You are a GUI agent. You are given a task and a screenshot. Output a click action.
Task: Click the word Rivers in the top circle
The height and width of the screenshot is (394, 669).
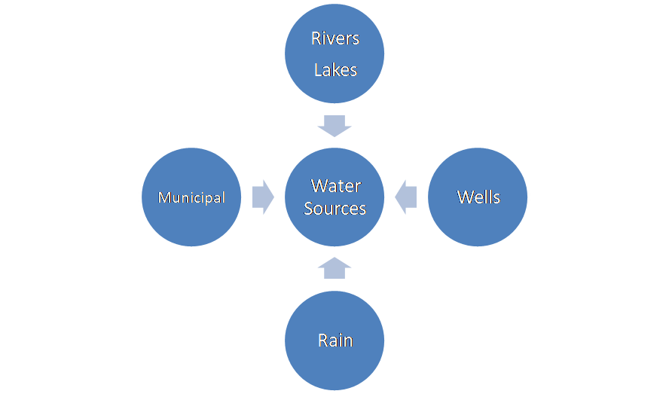click(x=334, y=39)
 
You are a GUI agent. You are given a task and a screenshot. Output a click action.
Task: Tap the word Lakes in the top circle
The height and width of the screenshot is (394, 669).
click(x=334, y=70)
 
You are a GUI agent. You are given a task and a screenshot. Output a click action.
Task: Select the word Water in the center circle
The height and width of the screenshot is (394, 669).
click(x=335, y=185)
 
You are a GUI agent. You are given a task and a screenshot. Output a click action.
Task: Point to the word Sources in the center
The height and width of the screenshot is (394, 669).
click(x=334, y=208)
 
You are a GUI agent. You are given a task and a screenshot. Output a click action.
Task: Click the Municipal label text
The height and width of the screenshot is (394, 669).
click(x=191, y=197)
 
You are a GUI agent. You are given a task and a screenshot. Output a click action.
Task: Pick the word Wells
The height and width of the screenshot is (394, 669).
click(x=478, y=197)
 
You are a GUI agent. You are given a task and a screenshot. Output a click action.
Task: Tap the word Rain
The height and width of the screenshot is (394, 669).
click(x=334, y=340)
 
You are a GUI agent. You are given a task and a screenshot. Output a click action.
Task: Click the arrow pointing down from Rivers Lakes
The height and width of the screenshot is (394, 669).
click(x=334, y=125)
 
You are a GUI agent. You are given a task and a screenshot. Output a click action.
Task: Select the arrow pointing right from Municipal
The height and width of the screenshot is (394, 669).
click(x=262, y=197)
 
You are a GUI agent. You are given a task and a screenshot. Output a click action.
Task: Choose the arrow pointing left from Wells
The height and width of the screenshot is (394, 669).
click(x=406, y=197)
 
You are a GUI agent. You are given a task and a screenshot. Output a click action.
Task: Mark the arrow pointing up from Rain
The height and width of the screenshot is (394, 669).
click(x=334, y=267)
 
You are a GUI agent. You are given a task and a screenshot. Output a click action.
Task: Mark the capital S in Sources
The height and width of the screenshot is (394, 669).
click(x=309, y=208)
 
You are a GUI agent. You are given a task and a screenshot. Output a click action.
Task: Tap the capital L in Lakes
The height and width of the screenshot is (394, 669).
click(x=318, y=70)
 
